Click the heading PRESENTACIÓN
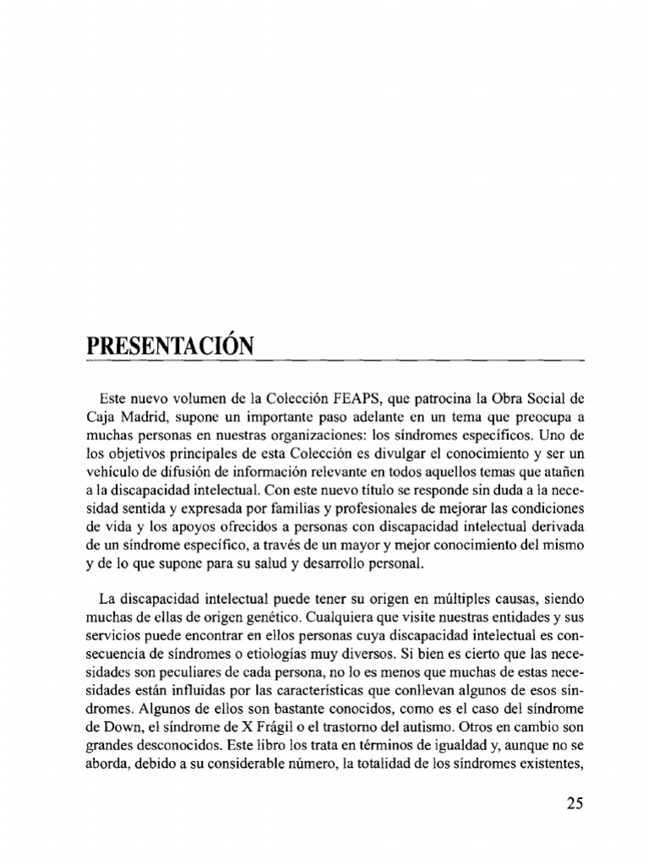pyautogui.click(x=170, y=347)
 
